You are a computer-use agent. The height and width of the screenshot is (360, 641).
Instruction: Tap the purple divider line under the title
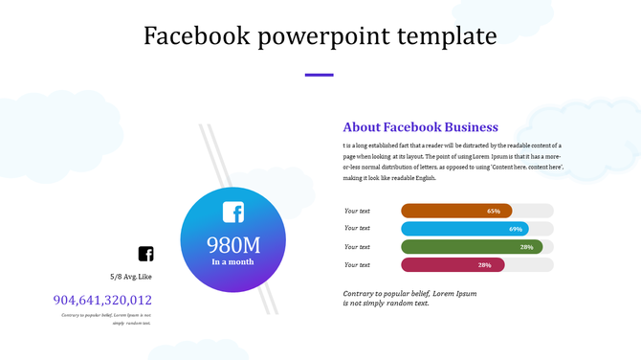[x=319, y=75]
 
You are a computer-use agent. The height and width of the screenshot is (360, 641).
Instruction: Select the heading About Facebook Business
[x=420, y=127]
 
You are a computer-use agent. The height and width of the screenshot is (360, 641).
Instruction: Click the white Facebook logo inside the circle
[x=233, y=213]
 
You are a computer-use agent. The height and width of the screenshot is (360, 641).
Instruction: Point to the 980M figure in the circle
[x=233, y=243]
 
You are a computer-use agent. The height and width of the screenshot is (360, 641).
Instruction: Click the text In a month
[x=233, y=261]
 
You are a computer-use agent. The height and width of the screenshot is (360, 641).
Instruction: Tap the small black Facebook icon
[x=145, y=254]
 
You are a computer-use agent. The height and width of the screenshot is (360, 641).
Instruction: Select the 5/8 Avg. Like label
[x=131, y=277]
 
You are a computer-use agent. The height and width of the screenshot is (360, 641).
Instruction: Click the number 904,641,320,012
[x=102, y=300]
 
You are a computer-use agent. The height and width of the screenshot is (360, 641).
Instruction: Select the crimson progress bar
[x=438, y=265]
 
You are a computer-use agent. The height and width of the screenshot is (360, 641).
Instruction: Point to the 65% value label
[x=494, y=211]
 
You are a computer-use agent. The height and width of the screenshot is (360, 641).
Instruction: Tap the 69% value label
[x=516, y=229]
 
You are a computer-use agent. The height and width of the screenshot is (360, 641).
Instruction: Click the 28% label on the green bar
[x=526, y=247]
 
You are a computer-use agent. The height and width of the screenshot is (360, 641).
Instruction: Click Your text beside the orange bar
[x=357, y=211]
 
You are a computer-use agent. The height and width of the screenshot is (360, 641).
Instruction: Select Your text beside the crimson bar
[x=357, y=265]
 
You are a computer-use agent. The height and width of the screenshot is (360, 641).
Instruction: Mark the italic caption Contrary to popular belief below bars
[x=409, y=298]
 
